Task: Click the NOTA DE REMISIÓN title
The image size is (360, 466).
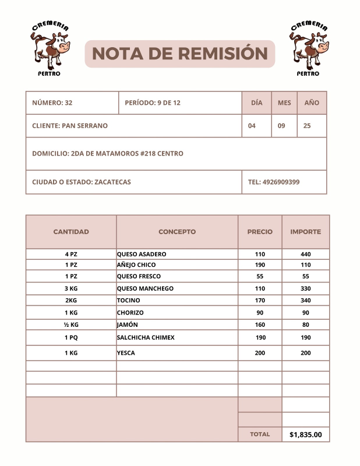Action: [x=179, y=54]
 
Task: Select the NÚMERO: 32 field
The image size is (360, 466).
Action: [x=52, y=103]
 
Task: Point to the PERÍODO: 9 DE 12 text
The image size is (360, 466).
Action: [x=153, y=103]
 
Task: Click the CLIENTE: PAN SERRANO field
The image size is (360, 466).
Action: [x=70, y=126]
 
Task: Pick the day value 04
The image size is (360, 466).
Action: [x=252, y=126]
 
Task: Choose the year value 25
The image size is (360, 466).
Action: [x=307, y=126]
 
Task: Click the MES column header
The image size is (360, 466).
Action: [x=284, y=103]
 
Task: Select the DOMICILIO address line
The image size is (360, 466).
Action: [x=108, y=154]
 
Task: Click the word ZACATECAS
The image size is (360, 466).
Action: [x=112, y=182]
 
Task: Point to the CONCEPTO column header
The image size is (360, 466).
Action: [x=177, y=232]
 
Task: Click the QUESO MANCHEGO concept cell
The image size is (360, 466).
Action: [x=145, y=288]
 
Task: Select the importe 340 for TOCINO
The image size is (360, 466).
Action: [x=306, y=301]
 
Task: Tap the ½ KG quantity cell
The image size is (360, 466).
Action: [x=71, y=324]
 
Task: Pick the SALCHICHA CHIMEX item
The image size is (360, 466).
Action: [x=146, y=338]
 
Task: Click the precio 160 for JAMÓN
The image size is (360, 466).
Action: [x=260, y=324]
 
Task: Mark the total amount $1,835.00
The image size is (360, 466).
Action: [x=306, y=435]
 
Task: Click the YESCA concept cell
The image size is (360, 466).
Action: [x=126, y=353]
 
